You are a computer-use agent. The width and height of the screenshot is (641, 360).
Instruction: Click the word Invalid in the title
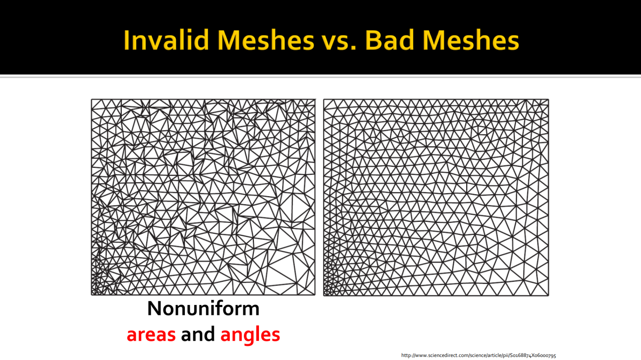click(x=166, y=40)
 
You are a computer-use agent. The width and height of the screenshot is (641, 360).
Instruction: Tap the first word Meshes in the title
click(x=266, y=40)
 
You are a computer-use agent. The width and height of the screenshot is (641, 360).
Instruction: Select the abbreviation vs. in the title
click(x=340, y=43)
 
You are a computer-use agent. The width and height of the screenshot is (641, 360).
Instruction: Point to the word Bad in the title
click(x=390, y=40)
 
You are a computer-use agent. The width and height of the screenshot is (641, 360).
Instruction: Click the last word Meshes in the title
click(x=471, y=40)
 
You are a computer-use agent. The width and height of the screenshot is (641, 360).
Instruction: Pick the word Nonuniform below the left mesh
click(x=203, y=308)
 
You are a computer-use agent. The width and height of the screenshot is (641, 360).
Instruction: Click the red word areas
click(x=151, y=335)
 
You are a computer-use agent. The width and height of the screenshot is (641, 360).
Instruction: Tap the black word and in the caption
click(x=198, y=333)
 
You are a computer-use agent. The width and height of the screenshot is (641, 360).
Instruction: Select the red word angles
click(x=250, y=335)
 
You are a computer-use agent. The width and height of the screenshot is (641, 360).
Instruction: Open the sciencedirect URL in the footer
click(x=478, y=355)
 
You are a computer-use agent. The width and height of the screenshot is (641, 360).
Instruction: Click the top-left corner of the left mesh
click(x=92, y=100)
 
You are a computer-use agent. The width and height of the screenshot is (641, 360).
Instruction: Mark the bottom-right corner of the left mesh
click(x=315, y=295)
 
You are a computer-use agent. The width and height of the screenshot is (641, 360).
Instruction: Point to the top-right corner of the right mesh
click(x=548, y=100)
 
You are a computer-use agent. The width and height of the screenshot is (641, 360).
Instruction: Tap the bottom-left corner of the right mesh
click(x=324, y=295)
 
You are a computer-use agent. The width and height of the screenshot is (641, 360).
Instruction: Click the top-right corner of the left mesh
click(x=315, y=100)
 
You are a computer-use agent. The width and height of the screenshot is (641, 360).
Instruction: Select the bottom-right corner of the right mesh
click(x=548, y=295)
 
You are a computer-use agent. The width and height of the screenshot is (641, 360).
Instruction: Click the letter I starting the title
click(x=126, y=40)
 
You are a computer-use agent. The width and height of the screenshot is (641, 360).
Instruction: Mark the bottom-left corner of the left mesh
click(x=92, y=295)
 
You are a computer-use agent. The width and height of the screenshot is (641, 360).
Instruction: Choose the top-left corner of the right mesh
click(x=324, y=100)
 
